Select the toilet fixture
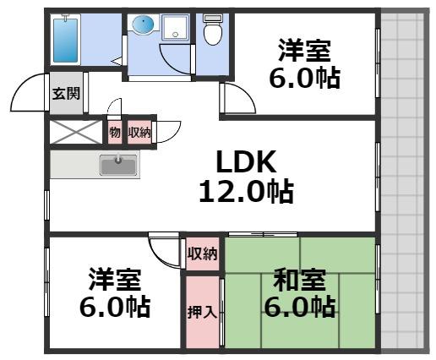tap(214, 32)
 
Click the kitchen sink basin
tap(117, 165)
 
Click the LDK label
tap(245, 161)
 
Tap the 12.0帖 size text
tap(245, 192)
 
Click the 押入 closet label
tap(202, 312)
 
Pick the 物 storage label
tap(114, 133)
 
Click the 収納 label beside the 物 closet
tap(139, 133)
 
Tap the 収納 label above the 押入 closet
tap(202, 254)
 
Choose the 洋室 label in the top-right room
tap(306, 50)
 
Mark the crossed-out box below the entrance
tap(76, 132)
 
